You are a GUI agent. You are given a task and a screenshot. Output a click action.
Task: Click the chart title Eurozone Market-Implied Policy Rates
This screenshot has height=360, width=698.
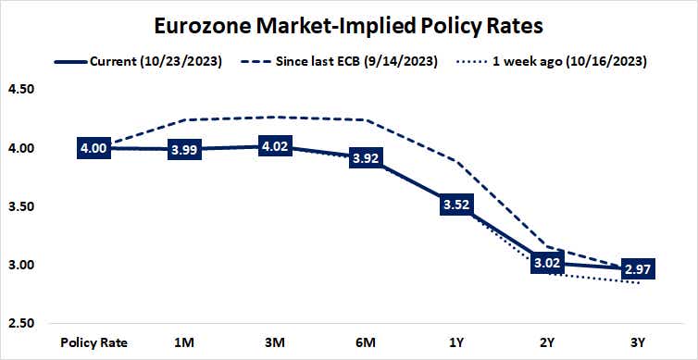(x=348, y=22)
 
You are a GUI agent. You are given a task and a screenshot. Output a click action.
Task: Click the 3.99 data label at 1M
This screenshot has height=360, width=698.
(x=188, y=150)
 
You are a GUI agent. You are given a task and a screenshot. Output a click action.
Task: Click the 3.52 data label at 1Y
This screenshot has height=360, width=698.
(x=455, y=205)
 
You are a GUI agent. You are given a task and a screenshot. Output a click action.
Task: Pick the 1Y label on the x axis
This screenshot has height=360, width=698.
(x=455, y=342)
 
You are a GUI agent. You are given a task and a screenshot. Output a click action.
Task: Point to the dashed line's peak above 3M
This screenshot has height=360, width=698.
(x=277, y=117)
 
